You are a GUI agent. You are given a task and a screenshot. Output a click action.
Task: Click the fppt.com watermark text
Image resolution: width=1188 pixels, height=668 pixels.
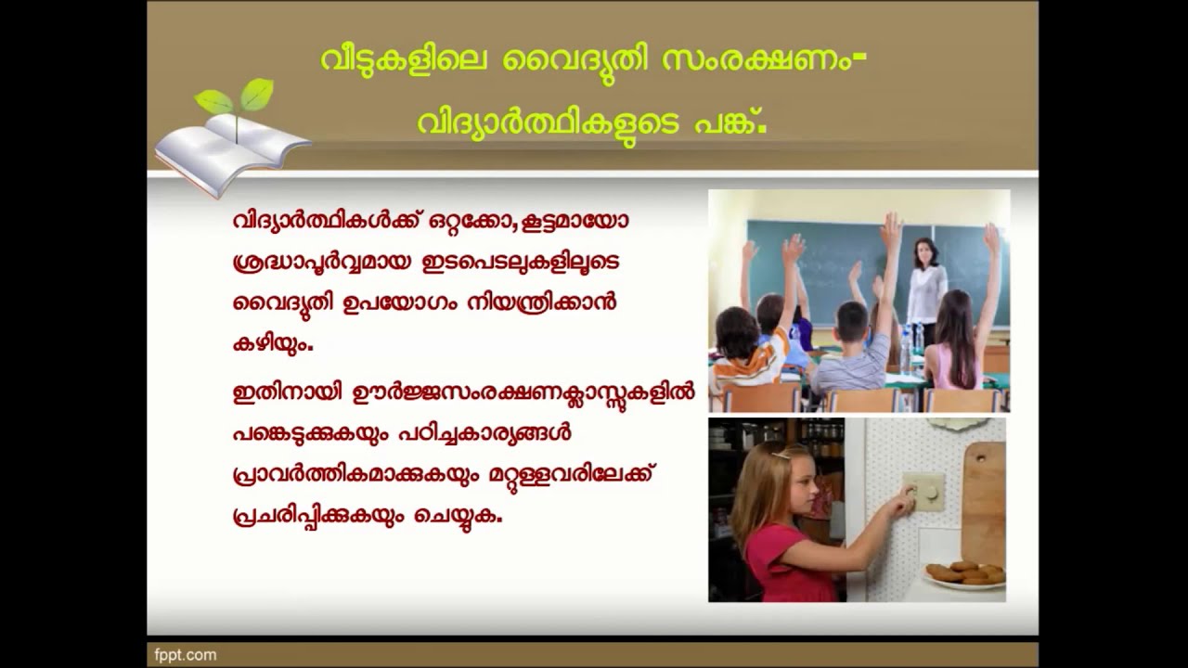[186, 655]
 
